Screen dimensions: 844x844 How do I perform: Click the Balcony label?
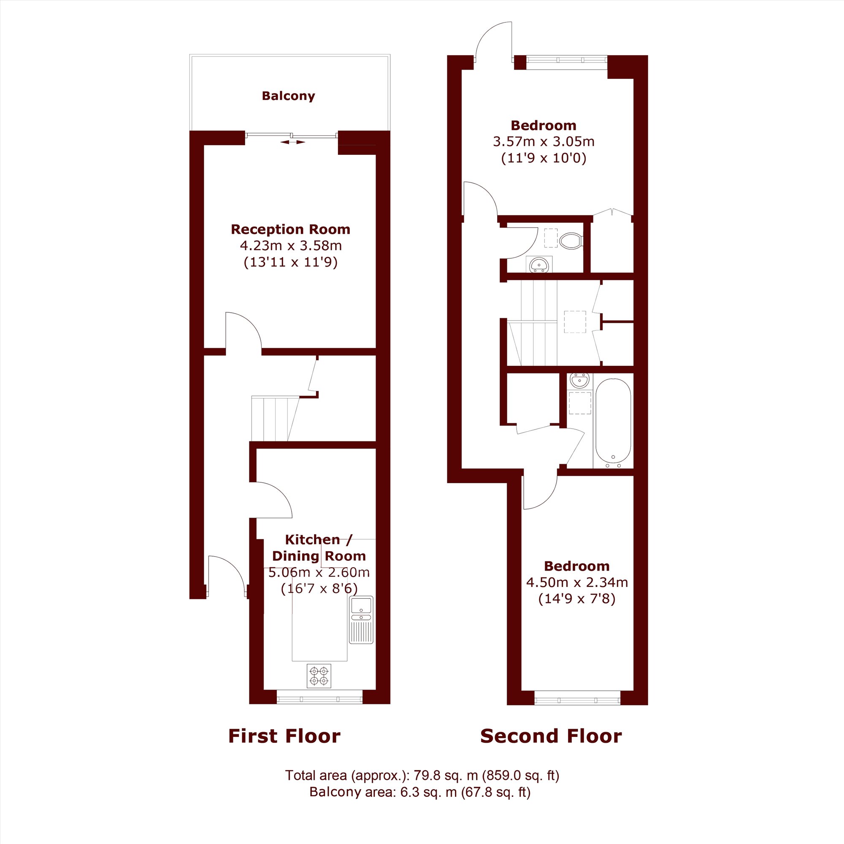point(288,96)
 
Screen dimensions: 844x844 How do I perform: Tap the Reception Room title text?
point(290,229)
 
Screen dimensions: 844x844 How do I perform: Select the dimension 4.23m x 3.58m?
point(290,246)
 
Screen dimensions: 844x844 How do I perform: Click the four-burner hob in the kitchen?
point(319,676)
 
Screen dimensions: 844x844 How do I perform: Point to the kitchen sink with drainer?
point(361,619)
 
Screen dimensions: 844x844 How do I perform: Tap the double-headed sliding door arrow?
point(293,142)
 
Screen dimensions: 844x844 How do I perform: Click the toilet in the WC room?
point(571,240)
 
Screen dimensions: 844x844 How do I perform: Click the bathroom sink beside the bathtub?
point(579,381)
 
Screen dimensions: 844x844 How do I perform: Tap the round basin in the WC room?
point(539,264)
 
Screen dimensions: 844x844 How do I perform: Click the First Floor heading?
point(284,736)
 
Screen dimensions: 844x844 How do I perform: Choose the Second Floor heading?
point(551,736)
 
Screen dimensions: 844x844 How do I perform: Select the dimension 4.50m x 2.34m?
point(577,582)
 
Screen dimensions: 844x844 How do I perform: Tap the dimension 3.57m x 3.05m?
point(544,141)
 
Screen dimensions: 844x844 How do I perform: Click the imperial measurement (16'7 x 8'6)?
point(319,588)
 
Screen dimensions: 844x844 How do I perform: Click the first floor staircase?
point(275,419)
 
